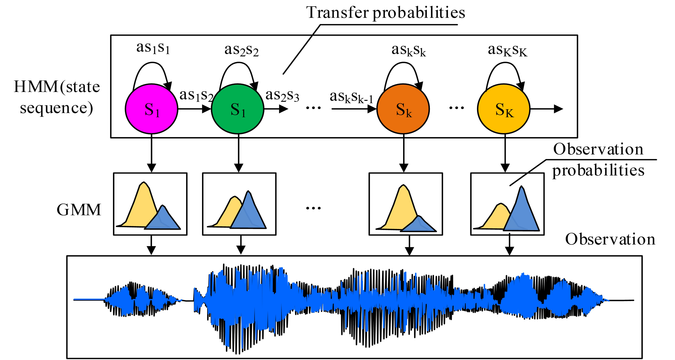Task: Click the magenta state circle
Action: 151,109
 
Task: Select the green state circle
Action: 237,109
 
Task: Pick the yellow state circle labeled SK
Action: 504,109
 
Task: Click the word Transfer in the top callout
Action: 337,13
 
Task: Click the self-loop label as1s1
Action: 153,48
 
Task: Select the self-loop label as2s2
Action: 241,50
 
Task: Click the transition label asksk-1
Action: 351,97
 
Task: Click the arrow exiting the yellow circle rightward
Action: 546,109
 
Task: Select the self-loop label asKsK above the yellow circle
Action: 507,50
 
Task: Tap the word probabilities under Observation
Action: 598,171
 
